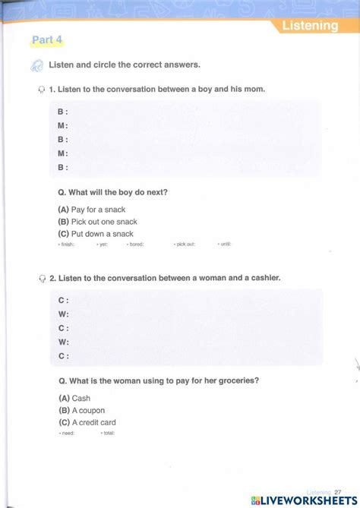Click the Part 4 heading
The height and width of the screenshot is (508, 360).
pyautogui.click(x=47, y=40)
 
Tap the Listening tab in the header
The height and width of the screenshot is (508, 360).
pyautogui.click(x=310, y=26)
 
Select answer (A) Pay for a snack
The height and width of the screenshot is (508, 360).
pyautogui.click(x=92, y=209)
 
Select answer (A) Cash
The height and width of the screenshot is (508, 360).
pyautogui.click(x=74, y=398)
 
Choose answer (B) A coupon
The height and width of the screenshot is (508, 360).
pyautogui.click(x=81, y=410)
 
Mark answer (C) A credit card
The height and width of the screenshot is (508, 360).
pyautogui.click(x=87, y=422)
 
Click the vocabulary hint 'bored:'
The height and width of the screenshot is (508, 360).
pyautogui.click(x=137, y=245)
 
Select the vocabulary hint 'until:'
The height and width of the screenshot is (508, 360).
pyautogui.click(x=225, y=245)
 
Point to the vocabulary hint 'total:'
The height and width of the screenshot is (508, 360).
pyautogui.click(x=109, y=433)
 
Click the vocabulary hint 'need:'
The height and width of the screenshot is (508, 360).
pyautogui.click(x=67, y=433)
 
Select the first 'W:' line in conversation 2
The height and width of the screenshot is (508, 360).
pyautogui.click(x=64, y=314)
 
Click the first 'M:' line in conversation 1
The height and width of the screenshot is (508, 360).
pyautogui.click(x=63, y=126)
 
